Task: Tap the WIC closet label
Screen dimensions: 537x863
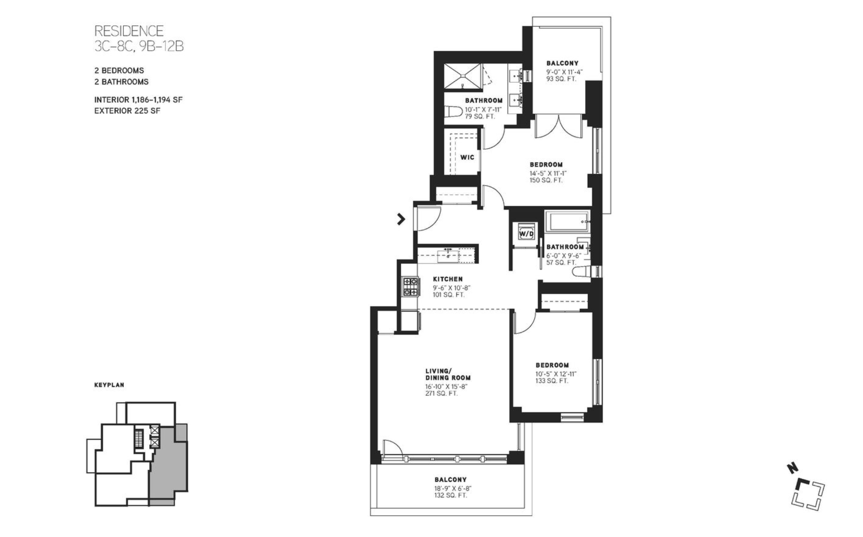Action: coord(467,157)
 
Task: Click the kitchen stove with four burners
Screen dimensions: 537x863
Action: coord(410,287)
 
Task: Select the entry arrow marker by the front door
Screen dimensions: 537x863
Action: coord(401,219)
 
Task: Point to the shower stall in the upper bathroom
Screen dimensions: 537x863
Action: coord(462,76)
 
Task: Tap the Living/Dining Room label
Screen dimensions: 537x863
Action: coord(447,374)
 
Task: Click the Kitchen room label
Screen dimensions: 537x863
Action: coord(447,279)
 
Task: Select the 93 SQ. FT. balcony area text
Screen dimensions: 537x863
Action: coord(561,79)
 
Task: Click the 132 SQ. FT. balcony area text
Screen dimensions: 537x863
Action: coord(450,495)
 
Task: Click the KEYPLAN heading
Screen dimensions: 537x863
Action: coord(109,385)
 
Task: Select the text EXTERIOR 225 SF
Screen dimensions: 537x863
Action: coord(127,111)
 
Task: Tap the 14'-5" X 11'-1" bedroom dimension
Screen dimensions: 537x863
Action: coord(548,173)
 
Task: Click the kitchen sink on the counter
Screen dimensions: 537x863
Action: coord(448,256)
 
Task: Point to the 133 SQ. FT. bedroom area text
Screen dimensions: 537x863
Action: coord(551,381)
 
